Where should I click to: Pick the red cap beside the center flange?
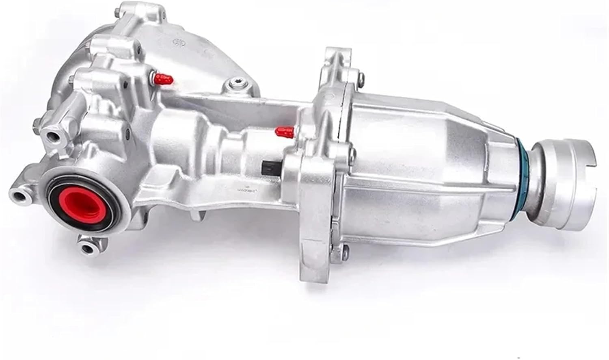pos(284,131)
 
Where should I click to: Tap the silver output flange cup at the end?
pos(568,175)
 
